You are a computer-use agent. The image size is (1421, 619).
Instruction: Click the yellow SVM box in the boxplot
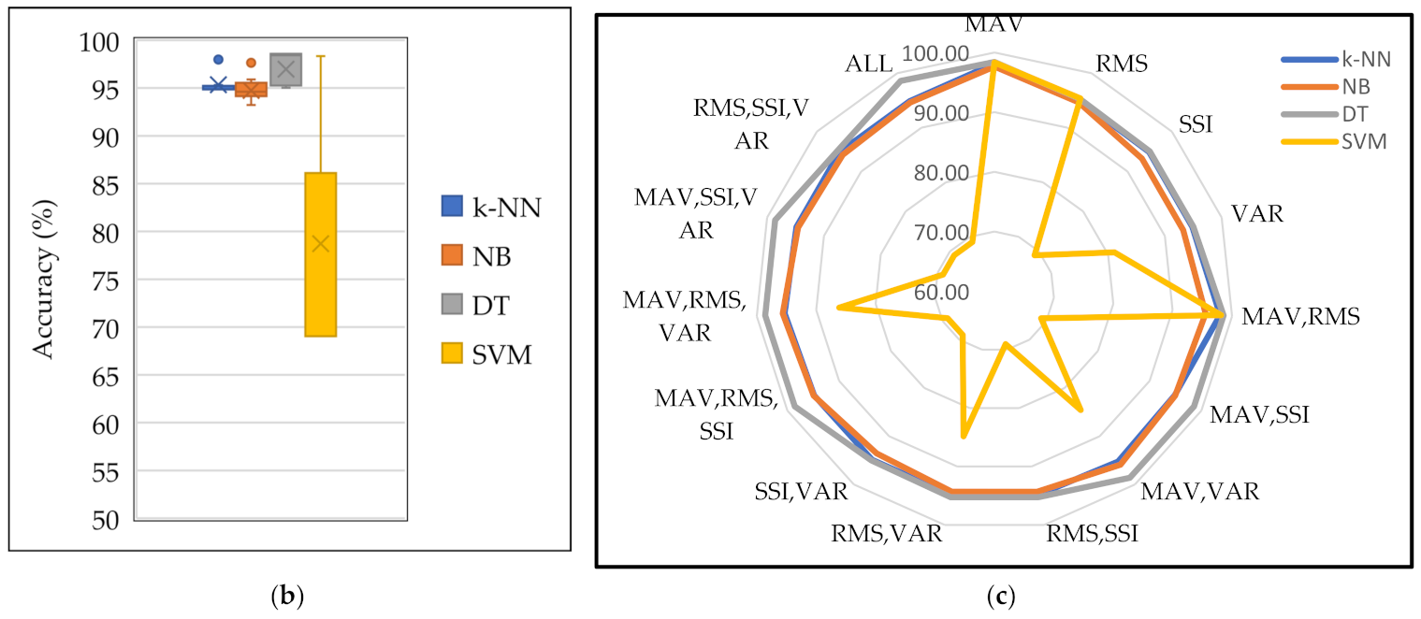(320, 254)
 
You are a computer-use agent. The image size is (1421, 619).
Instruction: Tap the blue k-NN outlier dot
(219, 59)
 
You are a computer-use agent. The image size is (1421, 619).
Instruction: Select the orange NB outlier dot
(251, 63)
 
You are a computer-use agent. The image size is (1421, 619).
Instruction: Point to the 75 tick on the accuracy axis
(104, 280)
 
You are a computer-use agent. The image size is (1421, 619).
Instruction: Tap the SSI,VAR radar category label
(801, 491)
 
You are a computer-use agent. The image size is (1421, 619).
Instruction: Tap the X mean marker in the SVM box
(320, 243)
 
